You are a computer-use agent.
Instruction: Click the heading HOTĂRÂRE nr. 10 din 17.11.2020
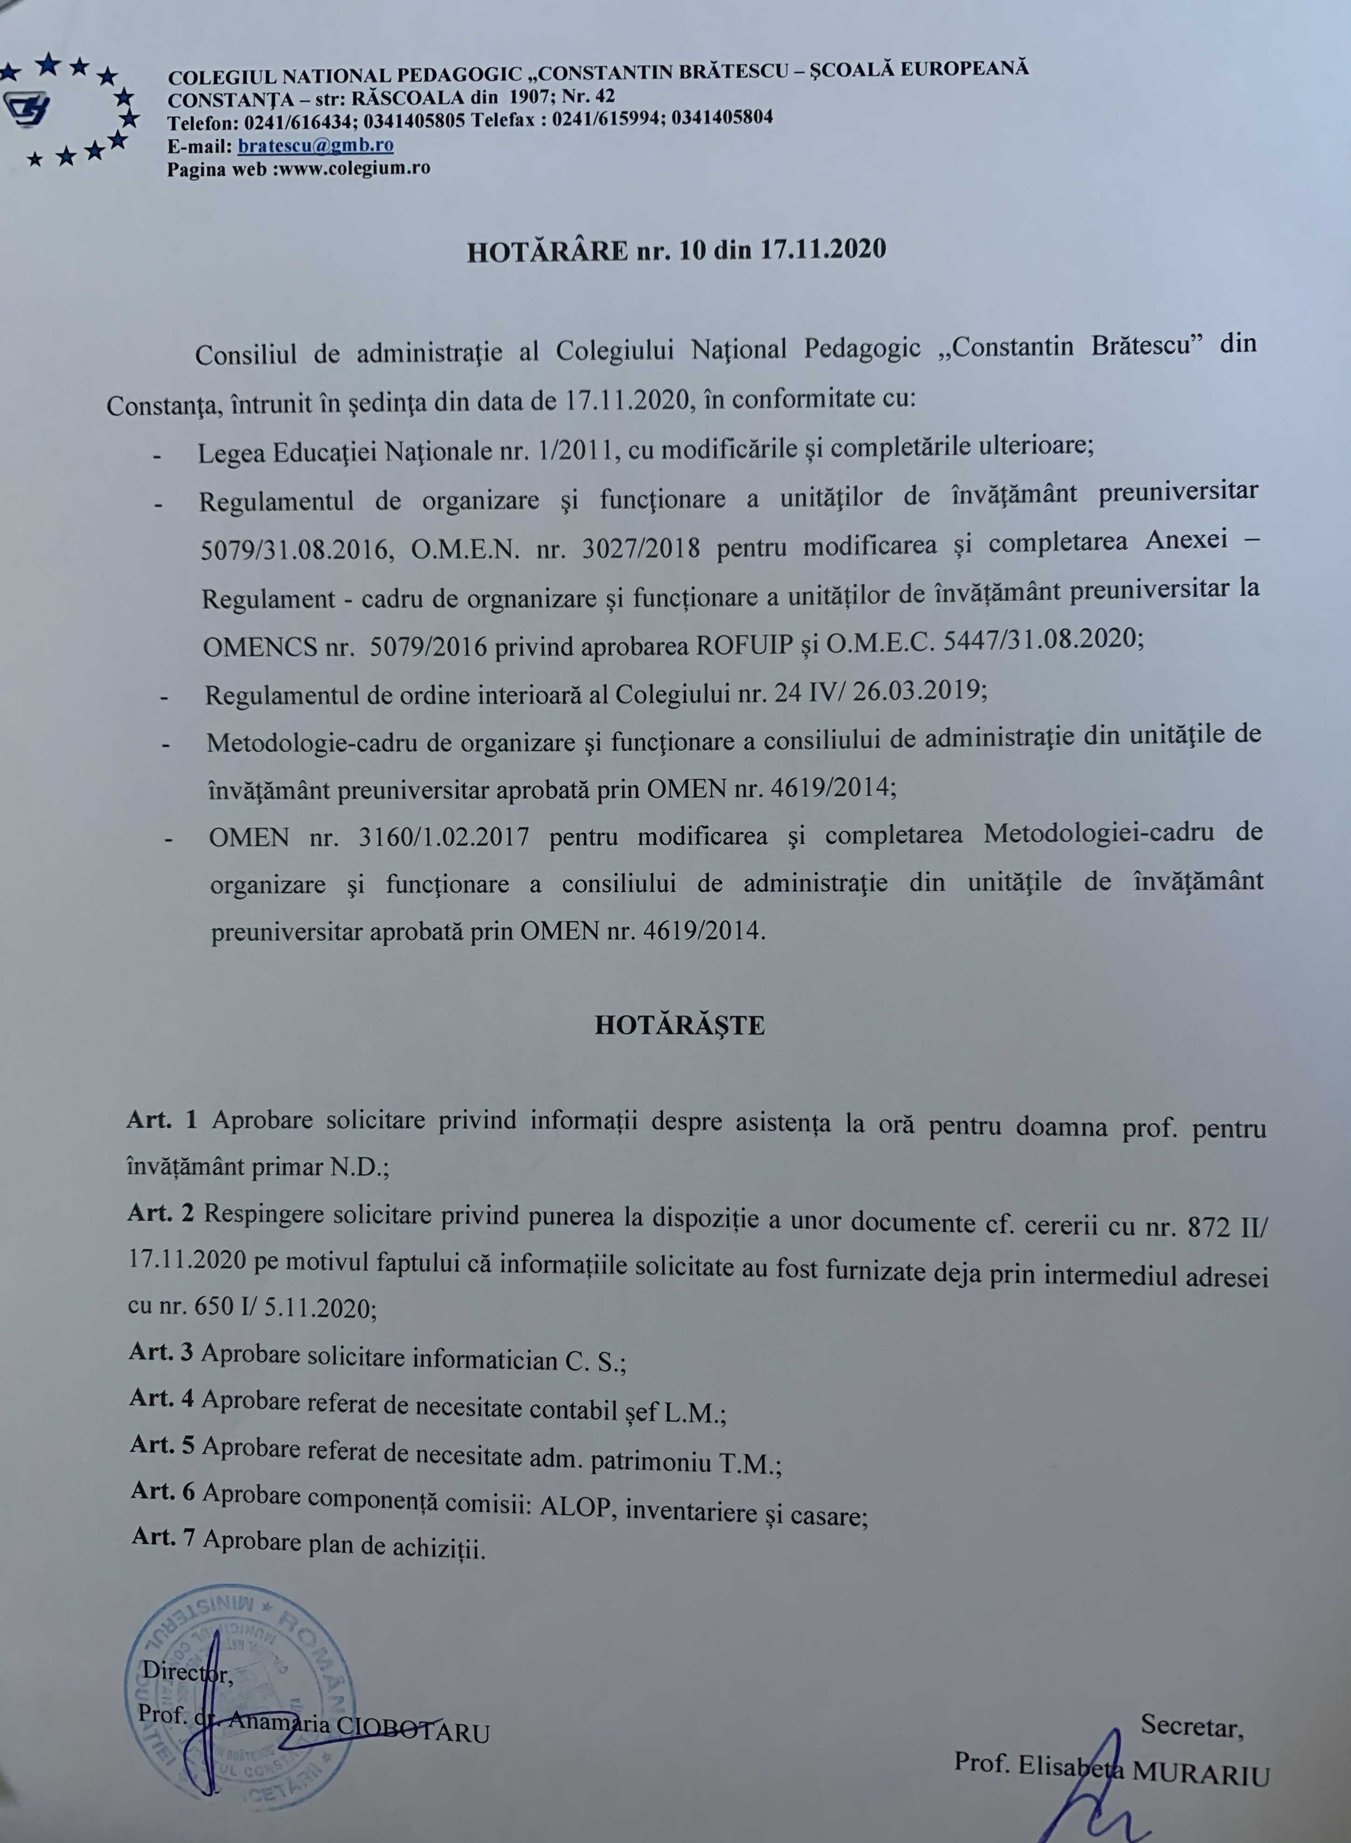(x=676, y=249)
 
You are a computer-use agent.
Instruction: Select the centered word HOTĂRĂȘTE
(x=680, y=1025)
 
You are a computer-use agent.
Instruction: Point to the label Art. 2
(x=161, y=1213)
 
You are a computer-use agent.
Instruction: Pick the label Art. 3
(x=161, y=1352)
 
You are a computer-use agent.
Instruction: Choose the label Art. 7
(x=164, y=1537)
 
